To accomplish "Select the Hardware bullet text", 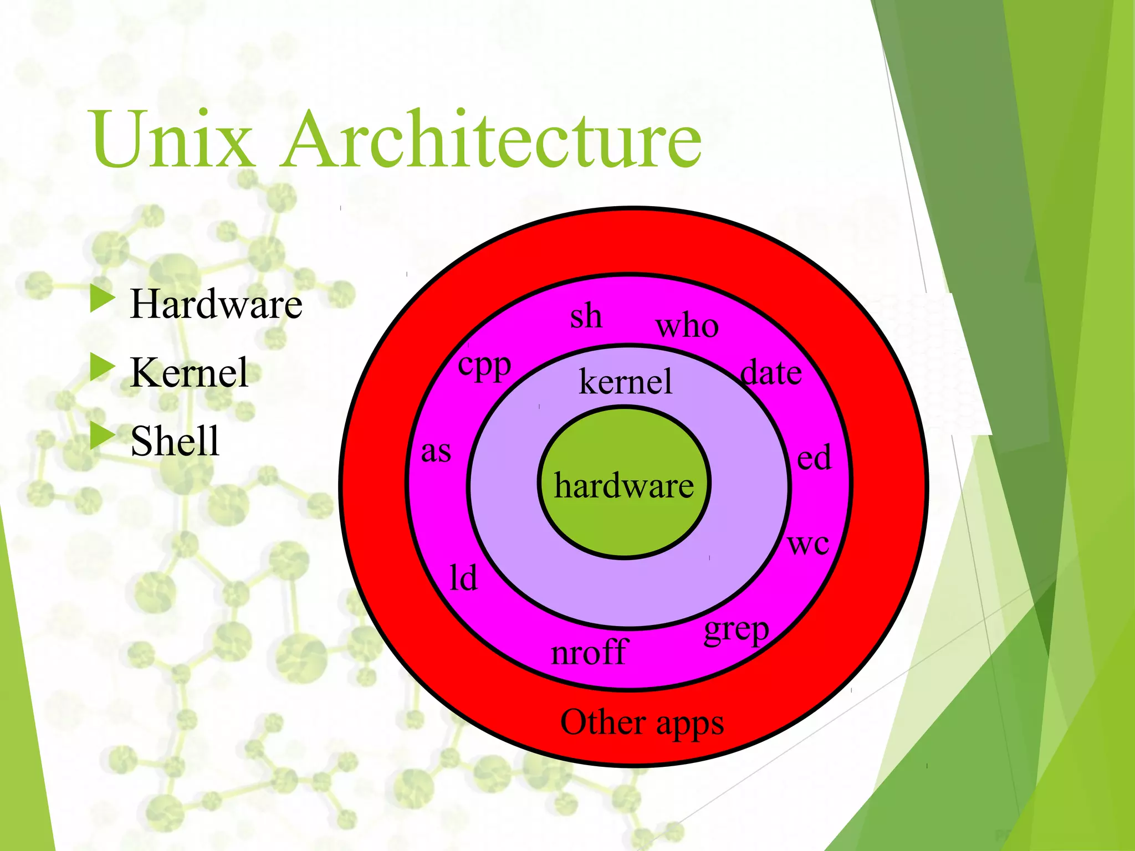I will point(216,304).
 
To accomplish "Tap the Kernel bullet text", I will point(189,372).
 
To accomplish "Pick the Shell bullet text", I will point(175,441).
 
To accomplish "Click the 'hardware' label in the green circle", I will point(623,486).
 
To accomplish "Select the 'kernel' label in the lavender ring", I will point(626,382).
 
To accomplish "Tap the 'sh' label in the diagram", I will point(586,316).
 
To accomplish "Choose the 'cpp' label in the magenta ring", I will point(484,366).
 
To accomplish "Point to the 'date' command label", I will point(771,373).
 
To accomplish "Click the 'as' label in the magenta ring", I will point(436,452).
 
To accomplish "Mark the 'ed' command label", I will point(814,458).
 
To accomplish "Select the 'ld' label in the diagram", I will point(463,578).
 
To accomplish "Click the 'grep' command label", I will point(737,630).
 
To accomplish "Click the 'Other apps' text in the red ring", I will point(642,723).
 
